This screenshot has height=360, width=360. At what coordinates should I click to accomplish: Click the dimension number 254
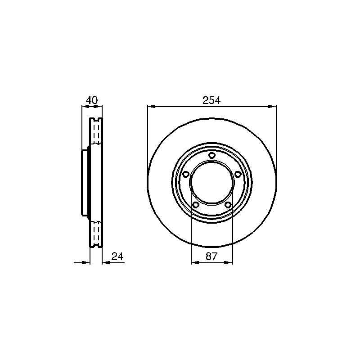(211, 100)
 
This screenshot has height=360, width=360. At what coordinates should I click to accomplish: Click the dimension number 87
(211, 256)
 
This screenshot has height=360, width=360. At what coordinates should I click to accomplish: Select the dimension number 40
(92, 100)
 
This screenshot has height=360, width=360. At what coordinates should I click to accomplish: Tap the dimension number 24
(117, 256)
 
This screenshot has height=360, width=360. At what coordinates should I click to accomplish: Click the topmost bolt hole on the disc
(211, 155)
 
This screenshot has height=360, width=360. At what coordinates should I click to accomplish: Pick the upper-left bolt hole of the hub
(185, 175)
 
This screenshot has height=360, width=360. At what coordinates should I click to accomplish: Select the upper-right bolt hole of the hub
(238, 175)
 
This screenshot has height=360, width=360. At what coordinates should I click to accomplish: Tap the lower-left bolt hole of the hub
(196, 205)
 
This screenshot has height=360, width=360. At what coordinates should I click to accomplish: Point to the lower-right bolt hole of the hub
(228, 205)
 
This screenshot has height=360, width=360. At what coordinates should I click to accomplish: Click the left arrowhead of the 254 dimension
(151, 107)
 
